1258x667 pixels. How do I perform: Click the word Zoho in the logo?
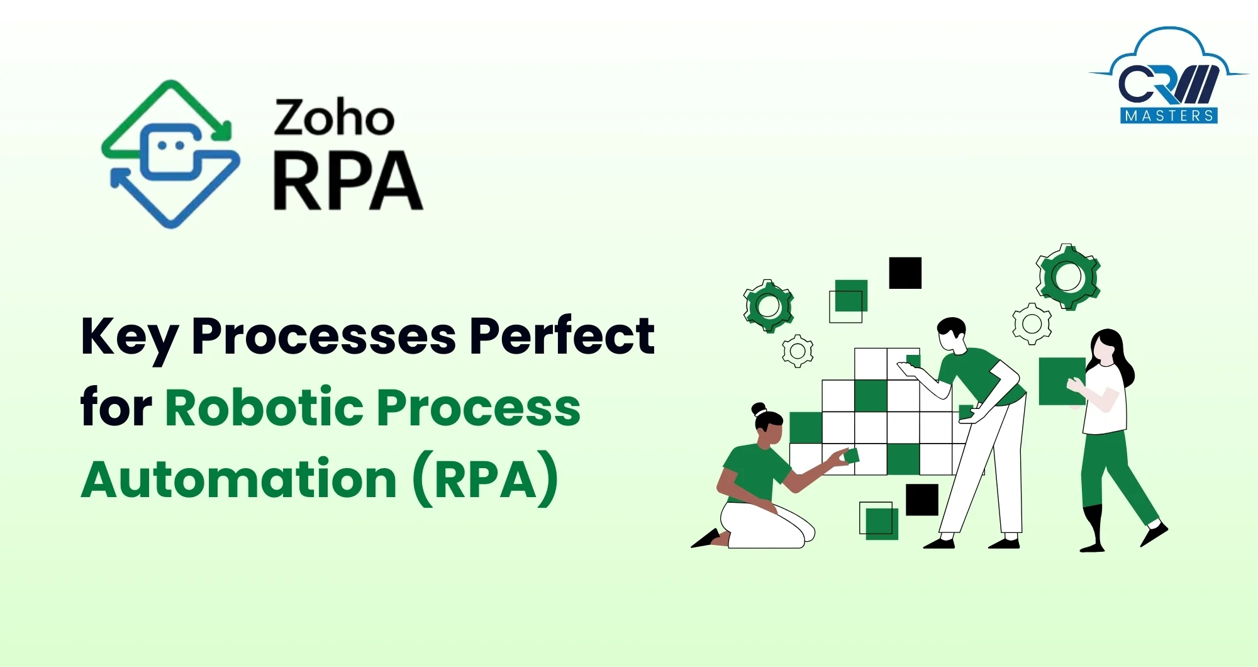(x=334, y=118)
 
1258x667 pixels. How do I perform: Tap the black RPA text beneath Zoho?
(x=348, y=181)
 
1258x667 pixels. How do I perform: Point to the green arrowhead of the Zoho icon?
(x=221, y=131)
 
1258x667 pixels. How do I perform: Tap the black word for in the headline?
(x=116, y=407)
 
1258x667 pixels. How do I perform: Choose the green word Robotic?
(x=264, y=407)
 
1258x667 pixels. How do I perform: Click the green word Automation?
(x=239, y=479)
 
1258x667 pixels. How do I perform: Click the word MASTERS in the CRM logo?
(x=1169, y=116)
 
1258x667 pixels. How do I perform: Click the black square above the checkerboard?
(x=905, y=273)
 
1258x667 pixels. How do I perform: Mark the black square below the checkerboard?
(x=922, y=500)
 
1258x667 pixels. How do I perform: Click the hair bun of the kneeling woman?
(x=759, y=409)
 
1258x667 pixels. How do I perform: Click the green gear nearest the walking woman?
(x=1068, y=276)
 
